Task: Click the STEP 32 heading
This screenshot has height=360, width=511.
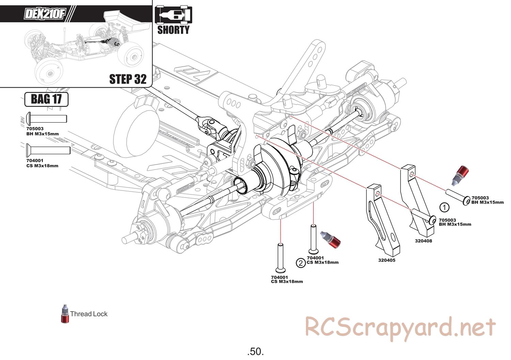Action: (128, 79)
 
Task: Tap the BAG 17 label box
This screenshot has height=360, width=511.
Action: (46, 99)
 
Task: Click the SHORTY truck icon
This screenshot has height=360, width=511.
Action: (173, 16)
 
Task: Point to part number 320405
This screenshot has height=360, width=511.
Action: (387, 260)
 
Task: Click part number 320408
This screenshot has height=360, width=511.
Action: (423, 241)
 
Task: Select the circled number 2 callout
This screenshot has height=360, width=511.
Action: (300, 263)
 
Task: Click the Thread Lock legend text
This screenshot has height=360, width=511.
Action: (89, 314)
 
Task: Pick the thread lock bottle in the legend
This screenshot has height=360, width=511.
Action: (65, 314)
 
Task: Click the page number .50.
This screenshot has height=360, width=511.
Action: (255, 351)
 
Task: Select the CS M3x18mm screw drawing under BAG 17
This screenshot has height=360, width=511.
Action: (48, 150)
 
